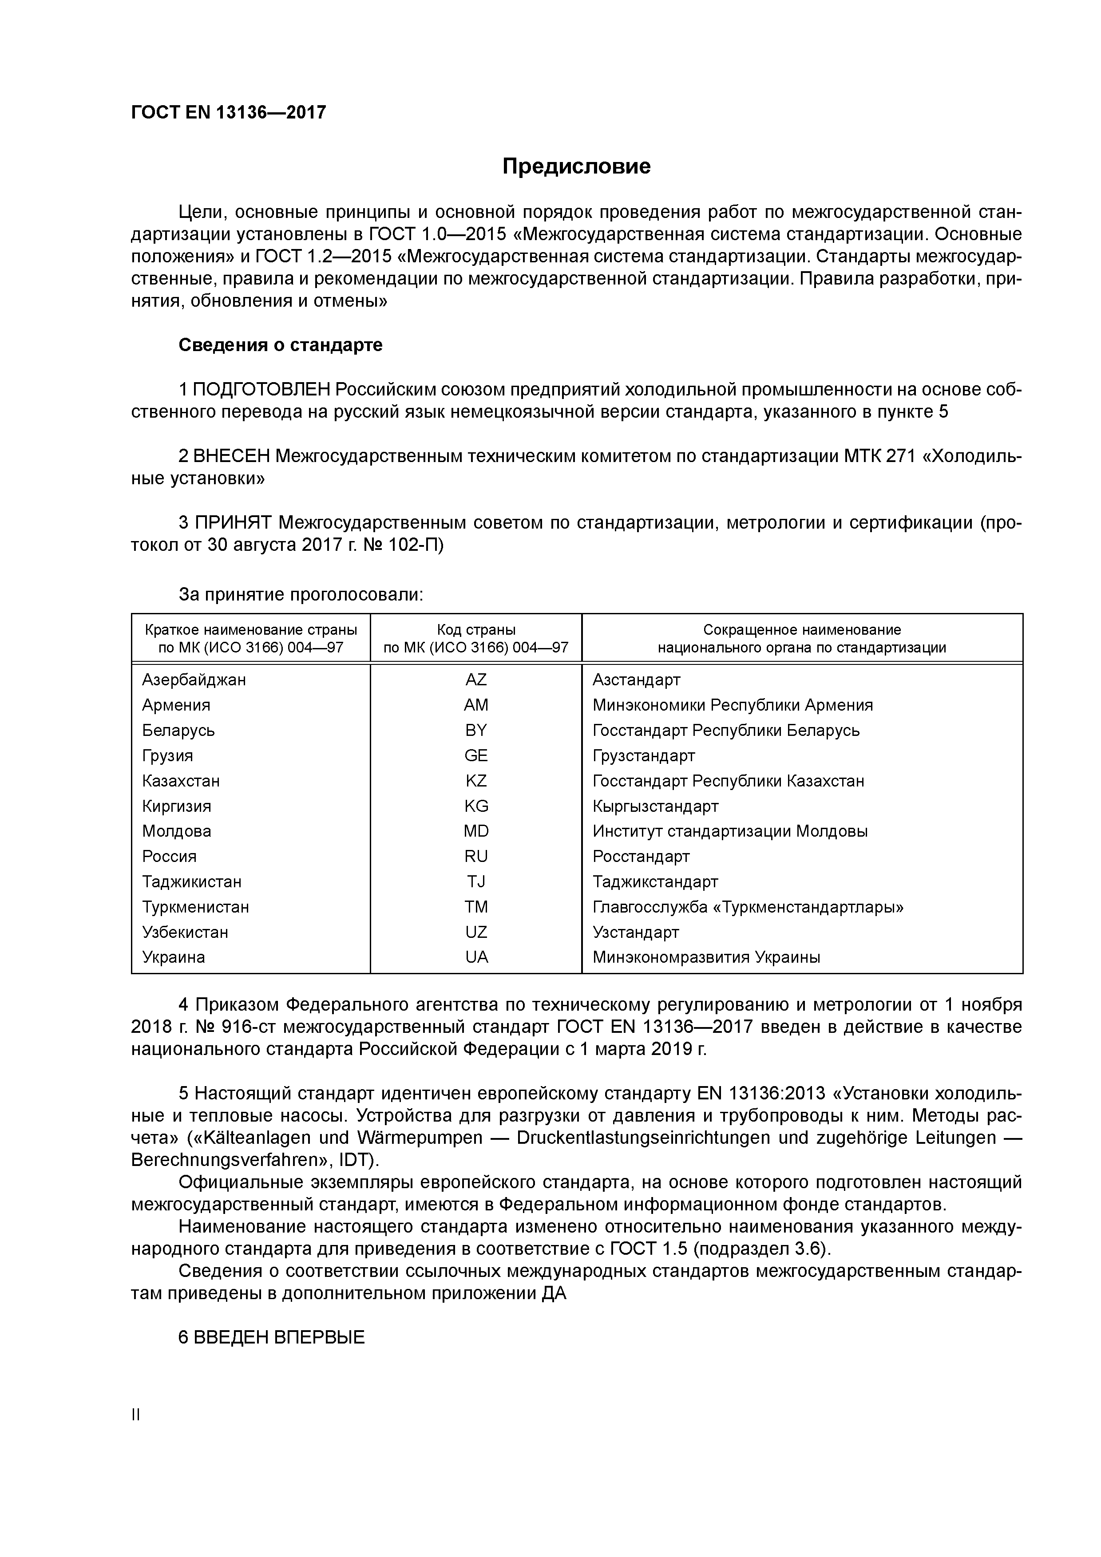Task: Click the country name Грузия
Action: [x=167, y=755]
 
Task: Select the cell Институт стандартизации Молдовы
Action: [x=729, y=831]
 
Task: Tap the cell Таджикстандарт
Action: [x=655, y=881]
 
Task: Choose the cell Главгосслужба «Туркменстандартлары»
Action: [x=748, y=907]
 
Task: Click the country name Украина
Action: [x=174, y=957]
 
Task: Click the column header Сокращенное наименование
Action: [x=801, y=630]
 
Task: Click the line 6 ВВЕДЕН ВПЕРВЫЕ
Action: [x=271, y=1338]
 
